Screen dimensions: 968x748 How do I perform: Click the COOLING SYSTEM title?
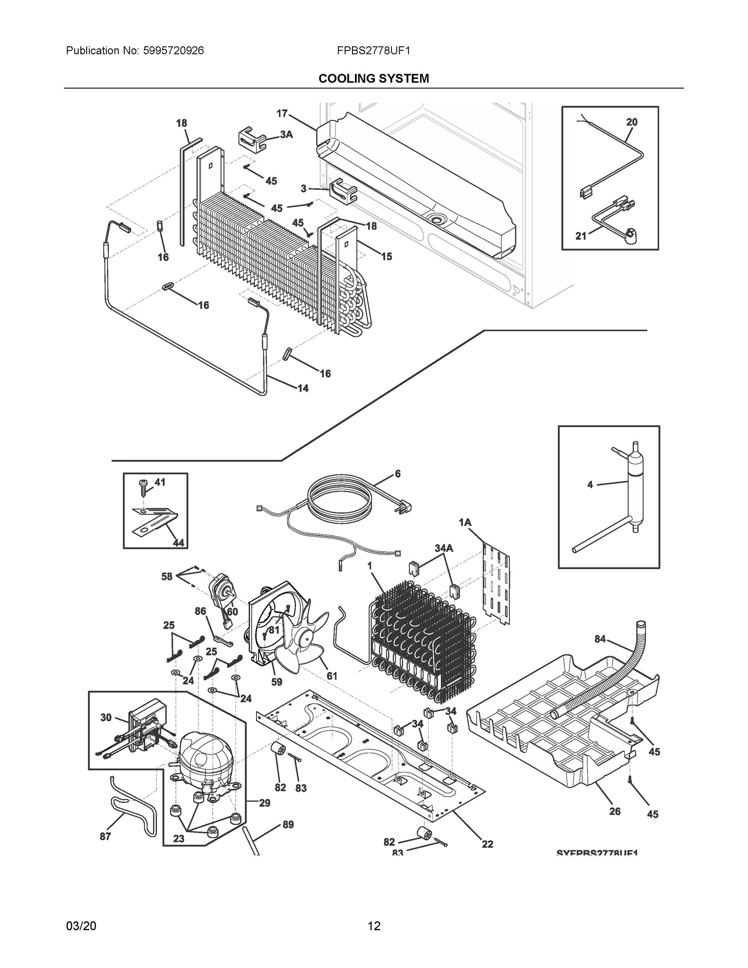(x=373, y=79)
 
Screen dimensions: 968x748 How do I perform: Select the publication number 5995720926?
(x=173, y=50)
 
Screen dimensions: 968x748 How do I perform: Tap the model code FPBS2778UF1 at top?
(x=373, y=50)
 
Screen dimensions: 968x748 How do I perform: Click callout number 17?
(x=282, y=113)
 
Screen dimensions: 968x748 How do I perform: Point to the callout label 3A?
(x=286, y=134)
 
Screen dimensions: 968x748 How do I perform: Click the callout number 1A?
(x=465, y=523)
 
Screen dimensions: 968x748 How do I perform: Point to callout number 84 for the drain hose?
(x=600, y=639)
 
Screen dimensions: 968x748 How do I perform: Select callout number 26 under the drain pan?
(x=615, y=811)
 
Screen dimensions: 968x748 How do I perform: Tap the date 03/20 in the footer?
(x=81, y=926)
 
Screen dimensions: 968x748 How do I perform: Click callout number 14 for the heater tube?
(x=303, y=388)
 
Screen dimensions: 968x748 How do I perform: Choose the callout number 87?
(x=105, y=836)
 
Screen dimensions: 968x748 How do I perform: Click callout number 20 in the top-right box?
(x=631, y=122)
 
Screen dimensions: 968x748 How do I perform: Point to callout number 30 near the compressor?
(x=106, y=717)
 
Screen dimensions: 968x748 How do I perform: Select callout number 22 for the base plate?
(x=488, y=844)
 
